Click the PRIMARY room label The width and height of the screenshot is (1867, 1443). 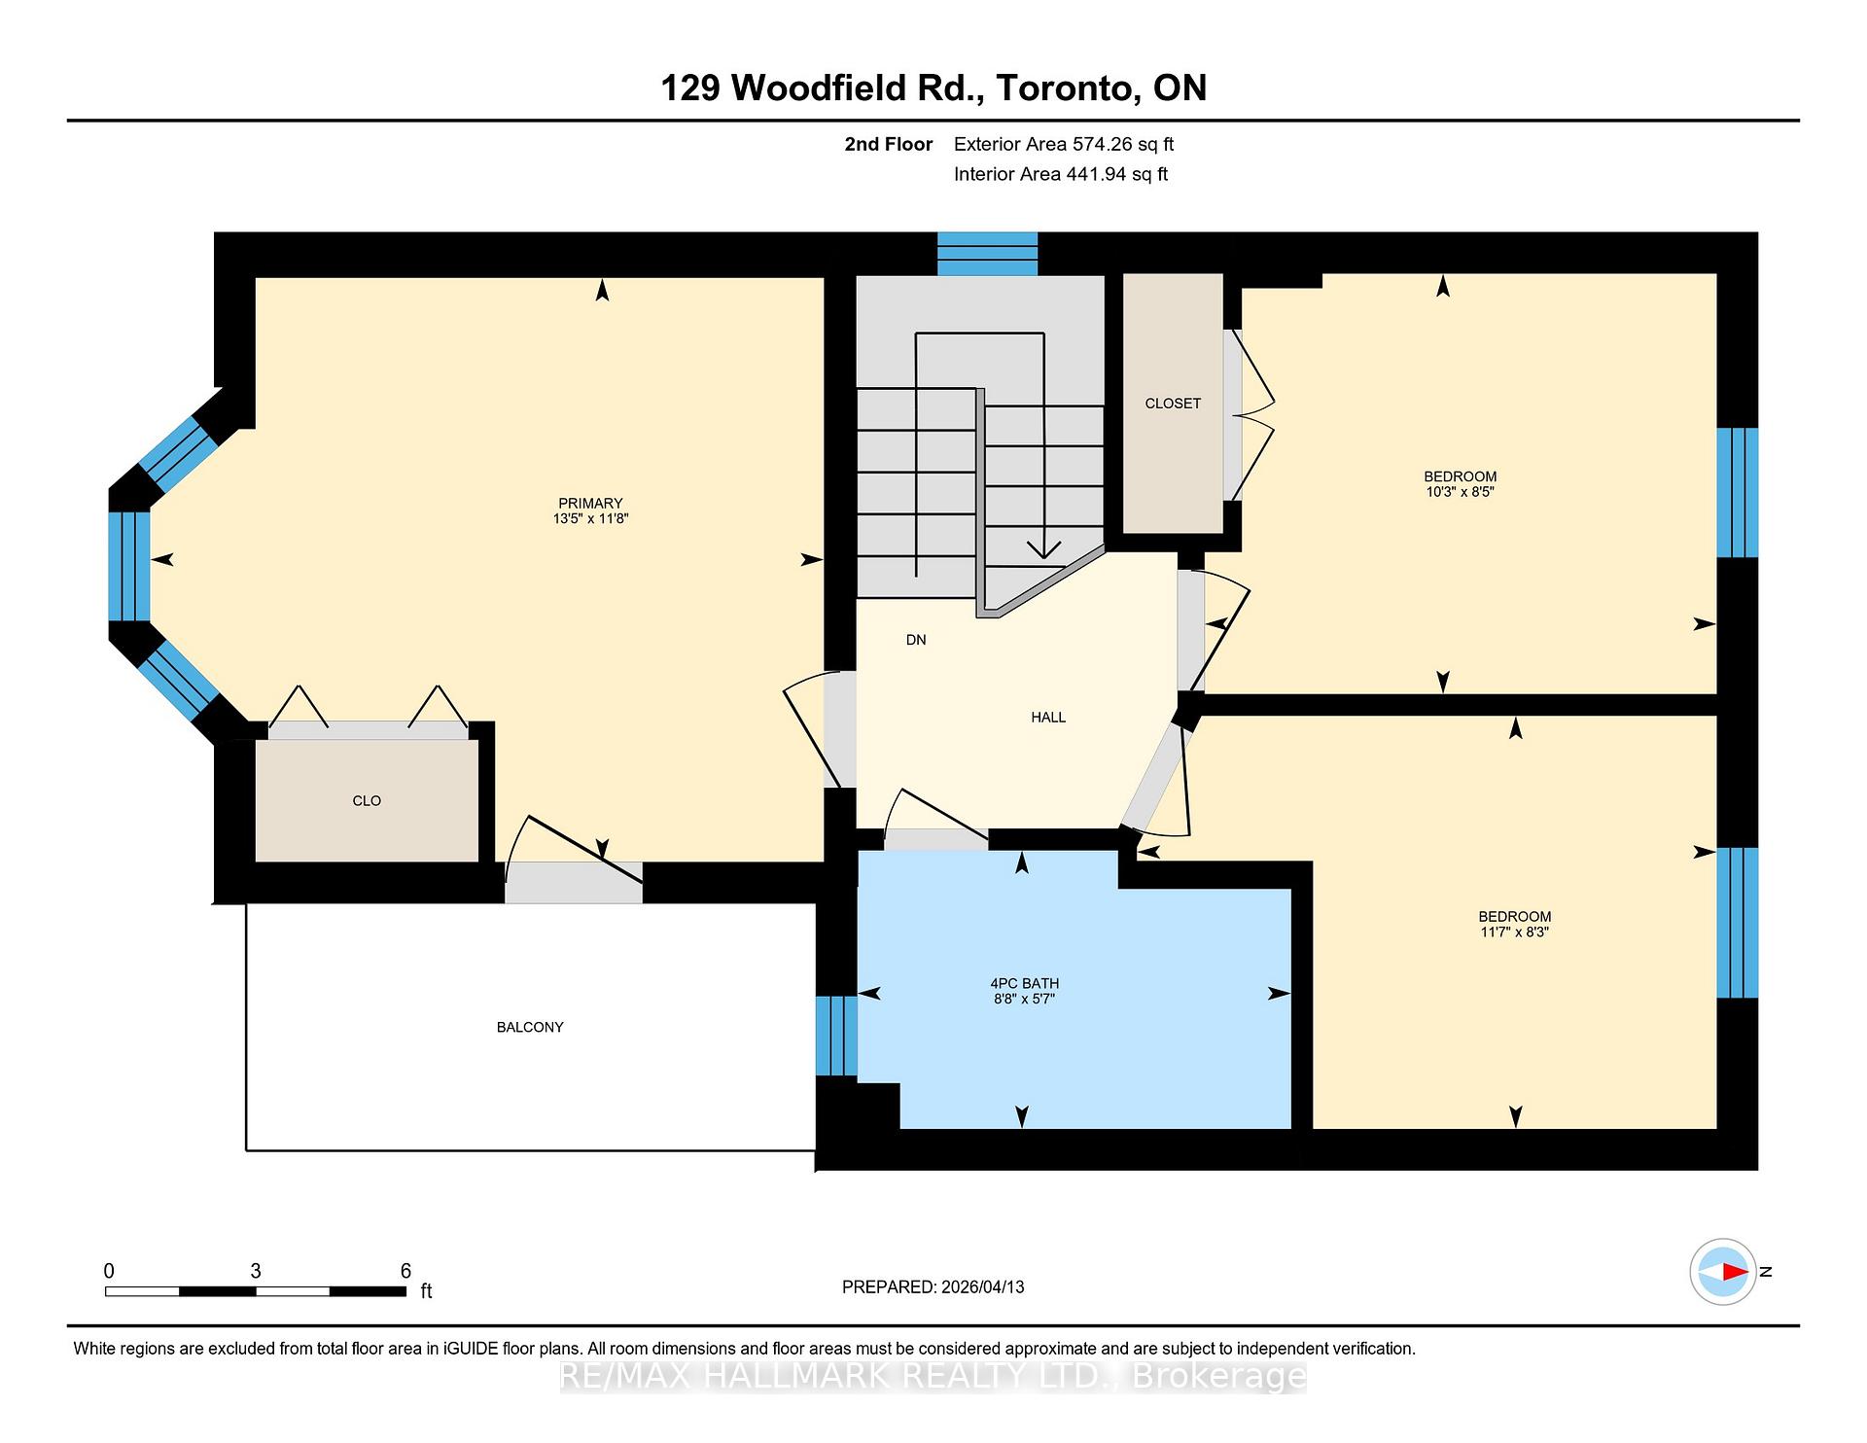pyautogui.click(x=590, y=503)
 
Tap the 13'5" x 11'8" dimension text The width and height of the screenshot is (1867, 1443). pyautogui.click(x=590, y=519)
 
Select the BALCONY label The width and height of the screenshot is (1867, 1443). pyautogui.click(x=530, y=1027)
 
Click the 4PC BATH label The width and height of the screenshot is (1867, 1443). pyautogui.click(x=1024, y=983)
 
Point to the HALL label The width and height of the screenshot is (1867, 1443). pyautogui.click(x=1048, y=718)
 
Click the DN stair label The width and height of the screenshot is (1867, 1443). pyautogui.click(x=916, y=640)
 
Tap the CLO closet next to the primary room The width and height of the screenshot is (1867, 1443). pyautogui.click(x=367, y=801)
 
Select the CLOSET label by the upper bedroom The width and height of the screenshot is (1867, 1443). pyautogui.click(x=1173, y=404)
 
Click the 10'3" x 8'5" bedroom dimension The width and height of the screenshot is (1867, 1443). pyautogui.click(x=1460, y=492)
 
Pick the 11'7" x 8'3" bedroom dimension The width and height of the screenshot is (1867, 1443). pyautogui.click(x=1514, y=932)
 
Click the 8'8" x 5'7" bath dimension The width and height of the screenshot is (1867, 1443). pyautogui.click(x=1024, y=999)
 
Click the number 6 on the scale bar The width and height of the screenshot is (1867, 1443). pyautogui.click(x=405, y=1271)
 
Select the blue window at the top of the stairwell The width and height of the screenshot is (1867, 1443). pyautogui.click(x=987, y=254)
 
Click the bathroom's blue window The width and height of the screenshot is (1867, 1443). pyautogui.click(x=836, y=1036)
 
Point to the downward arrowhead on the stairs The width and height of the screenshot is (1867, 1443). pyautogui.click(x=1043, y=550)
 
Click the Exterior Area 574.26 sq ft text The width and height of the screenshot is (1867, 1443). pyautogui.click(x=1064, y=145)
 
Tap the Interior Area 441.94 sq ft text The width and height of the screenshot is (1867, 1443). pyautogui.click(x=1061, y=174)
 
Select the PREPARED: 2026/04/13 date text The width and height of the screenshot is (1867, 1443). pyautogui.click(x=933, y=1287)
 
